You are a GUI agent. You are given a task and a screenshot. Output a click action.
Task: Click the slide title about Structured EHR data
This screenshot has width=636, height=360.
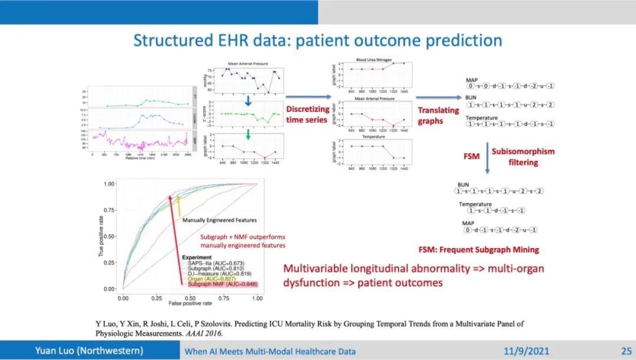pos(317,41)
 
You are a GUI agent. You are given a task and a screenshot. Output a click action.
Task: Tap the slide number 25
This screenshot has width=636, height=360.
pos(625,351)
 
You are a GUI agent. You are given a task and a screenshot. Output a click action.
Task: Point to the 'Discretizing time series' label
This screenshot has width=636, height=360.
pos(307,114)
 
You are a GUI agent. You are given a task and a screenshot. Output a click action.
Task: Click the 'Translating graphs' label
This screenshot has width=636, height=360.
pos(438,115)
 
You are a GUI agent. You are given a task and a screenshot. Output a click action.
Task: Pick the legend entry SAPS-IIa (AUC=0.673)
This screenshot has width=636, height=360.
pos(213,263)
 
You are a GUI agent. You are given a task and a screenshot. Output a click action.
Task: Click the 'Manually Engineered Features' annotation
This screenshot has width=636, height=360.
pos(220,220)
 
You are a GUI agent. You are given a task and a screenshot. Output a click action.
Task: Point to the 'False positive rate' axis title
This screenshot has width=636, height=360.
pos(190,304)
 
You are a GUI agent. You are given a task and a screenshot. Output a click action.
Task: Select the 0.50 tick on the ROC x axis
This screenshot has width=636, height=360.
pos(190,298)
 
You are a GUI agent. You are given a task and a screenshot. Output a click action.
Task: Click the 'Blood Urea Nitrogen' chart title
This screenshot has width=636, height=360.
pos(377,59)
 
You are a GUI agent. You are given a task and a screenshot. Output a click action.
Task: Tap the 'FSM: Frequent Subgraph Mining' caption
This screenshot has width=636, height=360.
pos(479,250)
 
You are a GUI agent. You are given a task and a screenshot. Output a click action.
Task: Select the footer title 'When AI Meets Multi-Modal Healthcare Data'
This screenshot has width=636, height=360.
pos(270,352)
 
